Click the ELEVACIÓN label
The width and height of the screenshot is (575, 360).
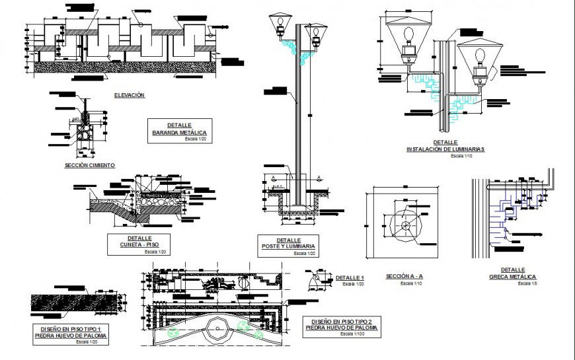click(x=129, y=96)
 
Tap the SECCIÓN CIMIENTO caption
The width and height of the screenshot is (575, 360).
click(x=90, y=164)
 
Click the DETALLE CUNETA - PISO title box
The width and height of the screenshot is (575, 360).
click(x=139, y=244)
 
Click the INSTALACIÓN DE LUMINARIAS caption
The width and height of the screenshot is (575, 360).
click(x=445, y=149)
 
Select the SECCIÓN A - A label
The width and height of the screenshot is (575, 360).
click(x=404, y=276)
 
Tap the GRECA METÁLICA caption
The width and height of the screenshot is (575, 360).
click(x=512, y=277)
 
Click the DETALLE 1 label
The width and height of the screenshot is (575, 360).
click(x=350, y=277)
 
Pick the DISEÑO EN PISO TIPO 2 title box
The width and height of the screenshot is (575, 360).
click(x=343, y=327)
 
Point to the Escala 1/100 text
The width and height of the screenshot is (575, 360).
click(x=352, y=334)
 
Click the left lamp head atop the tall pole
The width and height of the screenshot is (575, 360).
click(x=279, y=25)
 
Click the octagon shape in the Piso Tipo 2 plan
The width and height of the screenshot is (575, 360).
click(x=215, y=328)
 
